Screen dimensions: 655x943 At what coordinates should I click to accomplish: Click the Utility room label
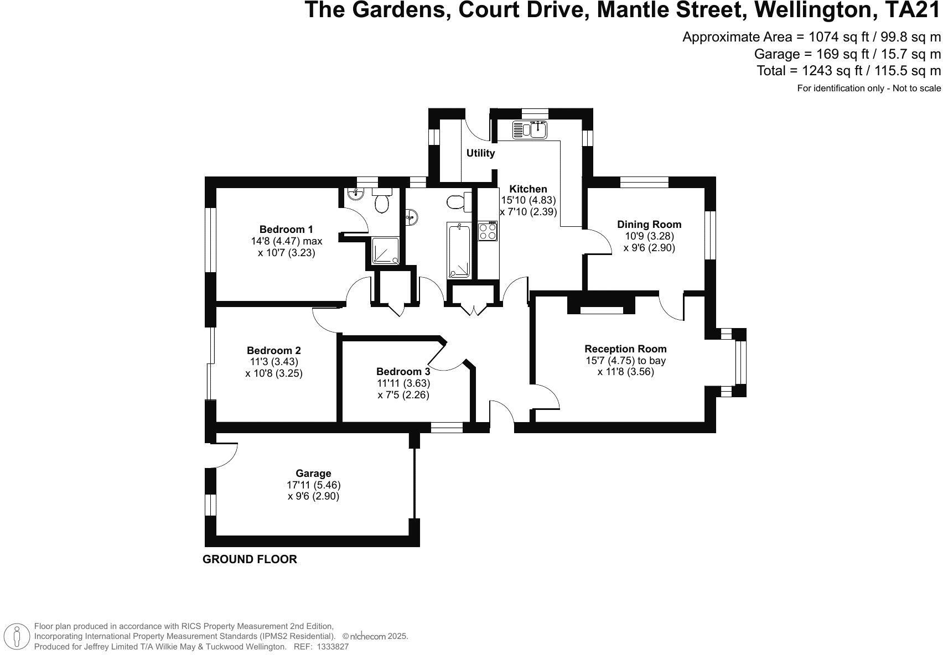pos(480,153)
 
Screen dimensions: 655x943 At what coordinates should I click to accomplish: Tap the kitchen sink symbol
pos(530,129)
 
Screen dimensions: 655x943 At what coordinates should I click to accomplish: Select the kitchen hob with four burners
pos(488,231)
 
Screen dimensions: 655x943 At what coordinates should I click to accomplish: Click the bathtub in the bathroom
pos(459,250)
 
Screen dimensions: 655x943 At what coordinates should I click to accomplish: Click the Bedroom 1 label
pos(286,230)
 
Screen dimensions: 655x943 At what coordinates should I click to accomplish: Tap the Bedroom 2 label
pos(273,351)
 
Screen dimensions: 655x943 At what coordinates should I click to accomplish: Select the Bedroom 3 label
pos(403,372)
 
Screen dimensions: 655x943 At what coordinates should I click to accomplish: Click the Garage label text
pos(313,474)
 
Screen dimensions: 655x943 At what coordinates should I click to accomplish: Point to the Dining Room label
pos(649,225)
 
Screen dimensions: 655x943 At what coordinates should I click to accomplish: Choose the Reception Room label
pos(625,349)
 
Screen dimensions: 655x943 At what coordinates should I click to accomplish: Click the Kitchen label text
pos(528,189)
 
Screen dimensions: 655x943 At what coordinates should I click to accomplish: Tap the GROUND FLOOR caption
pos(250,559)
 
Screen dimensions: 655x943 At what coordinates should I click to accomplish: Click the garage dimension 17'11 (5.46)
pos(313,485)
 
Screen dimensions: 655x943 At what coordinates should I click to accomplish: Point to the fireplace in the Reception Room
pos(601,306)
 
